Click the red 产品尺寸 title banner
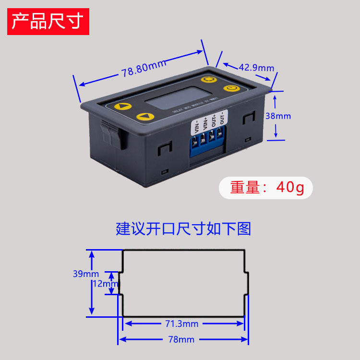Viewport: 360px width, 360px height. pos(48,21)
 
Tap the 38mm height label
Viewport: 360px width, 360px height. pos(278,116)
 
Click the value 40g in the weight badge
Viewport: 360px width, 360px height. pos(290,188)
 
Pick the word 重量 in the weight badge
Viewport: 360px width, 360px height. pos(245,188)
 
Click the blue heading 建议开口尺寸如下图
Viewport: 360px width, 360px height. pos(183,228)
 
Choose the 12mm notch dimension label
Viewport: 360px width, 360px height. pos(105,284)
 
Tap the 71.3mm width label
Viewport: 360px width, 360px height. pos(181,324)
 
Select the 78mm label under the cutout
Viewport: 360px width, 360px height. pos(181,339)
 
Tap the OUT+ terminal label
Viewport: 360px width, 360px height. pos(214,120)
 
